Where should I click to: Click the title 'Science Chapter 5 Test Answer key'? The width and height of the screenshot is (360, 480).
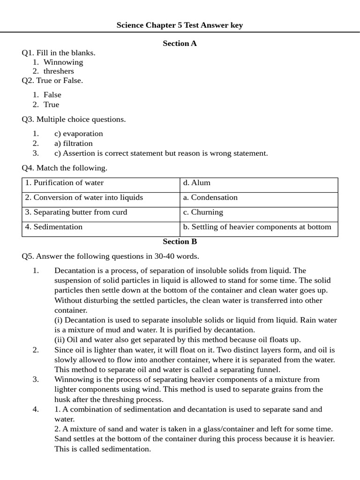pyautogui.click(x=180, y=25)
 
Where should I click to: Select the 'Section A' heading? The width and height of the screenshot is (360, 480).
pyautogui.click(x=180, y=44)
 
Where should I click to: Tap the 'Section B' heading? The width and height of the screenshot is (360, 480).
pyautogui.click(x=180, y=242)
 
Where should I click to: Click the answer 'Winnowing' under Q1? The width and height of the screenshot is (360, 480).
pyautogui.click(x=63, y=62)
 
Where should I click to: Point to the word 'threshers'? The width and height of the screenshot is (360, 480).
pyautogui.click(x=59, y=71)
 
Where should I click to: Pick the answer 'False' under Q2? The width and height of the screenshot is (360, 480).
pyautogui.click(x=52, y=95)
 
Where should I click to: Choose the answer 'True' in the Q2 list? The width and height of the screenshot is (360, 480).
pyautogui.click(x=51, y=105)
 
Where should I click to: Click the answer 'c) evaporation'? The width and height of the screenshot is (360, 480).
pyautogui.click(x=78, y=134)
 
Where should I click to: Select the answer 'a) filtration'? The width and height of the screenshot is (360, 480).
pyautogui.click(x=73, y=143)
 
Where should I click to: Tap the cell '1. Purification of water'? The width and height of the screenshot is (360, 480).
pyautogui.click(x=65, y=183)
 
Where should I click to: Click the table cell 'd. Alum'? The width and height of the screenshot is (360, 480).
pyautogui.click(x=197, y=183)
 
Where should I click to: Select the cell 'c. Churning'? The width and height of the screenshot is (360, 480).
pyautogui.click(x=203, y=212)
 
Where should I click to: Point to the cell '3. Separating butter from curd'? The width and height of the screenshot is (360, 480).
pyautogui.click(x=76, y=212)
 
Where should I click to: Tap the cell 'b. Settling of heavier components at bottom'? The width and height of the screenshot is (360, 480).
pyautogui.click(x=257, y=227)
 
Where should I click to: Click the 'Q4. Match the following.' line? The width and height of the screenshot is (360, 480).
pyautogui.click(x=65, y=168)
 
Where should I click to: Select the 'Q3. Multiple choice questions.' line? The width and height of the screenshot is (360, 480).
pyautogui.click(x=74, y=120)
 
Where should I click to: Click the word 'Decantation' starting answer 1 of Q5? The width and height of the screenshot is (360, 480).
pyautogui.click(x=75, y=270)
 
